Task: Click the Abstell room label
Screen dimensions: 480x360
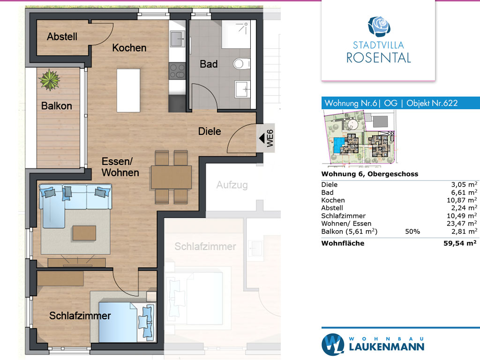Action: [62, 37]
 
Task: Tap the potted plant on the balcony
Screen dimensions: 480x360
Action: [49, 80]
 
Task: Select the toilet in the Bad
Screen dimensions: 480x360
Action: [242, 64]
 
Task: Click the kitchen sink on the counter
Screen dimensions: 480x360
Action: [178, 39]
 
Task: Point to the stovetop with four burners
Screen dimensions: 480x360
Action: [177, 71]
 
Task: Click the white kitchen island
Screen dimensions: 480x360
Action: [128, 90]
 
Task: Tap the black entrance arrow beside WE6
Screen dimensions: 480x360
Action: [262, 138]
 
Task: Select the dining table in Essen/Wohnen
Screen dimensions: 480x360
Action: [171, 177]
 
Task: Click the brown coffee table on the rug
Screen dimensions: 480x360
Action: [84, 233]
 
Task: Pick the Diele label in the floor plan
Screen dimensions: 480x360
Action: [210, 131]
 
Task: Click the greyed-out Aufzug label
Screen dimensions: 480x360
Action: [232, 185]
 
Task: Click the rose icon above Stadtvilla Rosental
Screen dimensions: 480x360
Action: [379, 27]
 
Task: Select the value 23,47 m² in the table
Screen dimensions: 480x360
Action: [462, 224]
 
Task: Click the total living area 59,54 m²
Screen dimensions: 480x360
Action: [460, 243]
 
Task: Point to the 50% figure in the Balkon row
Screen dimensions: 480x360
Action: [412, 232]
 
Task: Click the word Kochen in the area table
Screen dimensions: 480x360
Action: [333, 200]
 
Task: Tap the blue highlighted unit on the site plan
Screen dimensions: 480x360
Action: [338, 145]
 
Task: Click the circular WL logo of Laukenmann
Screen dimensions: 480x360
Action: [333, 345]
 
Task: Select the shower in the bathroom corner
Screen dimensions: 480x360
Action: [235, 34]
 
